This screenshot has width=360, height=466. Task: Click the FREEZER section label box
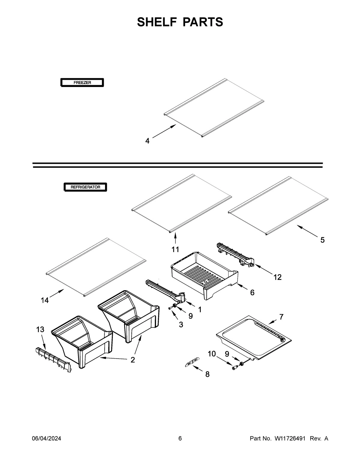pos(82,82)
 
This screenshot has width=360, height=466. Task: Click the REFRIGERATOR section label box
pos(85,187)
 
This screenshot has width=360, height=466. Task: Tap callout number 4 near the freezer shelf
pos(147,141)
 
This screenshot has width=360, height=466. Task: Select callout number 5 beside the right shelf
pos(322,240)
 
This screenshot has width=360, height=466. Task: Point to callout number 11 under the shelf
pos(175,249)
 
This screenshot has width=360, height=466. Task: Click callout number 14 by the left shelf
pos(45,300)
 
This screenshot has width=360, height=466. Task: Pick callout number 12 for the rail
pos(277,277)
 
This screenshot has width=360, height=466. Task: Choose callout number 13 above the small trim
pos(40,329)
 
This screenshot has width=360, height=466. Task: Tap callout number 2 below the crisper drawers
pos(133,360)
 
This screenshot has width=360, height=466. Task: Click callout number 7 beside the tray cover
pos(281,317)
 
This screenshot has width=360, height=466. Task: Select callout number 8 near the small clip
pos(207,374)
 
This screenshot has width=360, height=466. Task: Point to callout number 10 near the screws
pos(212,354)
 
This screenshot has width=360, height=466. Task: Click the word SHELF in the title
pos(155,22)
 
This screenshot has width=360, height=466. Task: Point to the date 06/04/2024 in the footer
pos(46,439)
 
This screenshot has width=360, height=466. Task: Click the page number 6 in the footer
pos(180,439)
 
